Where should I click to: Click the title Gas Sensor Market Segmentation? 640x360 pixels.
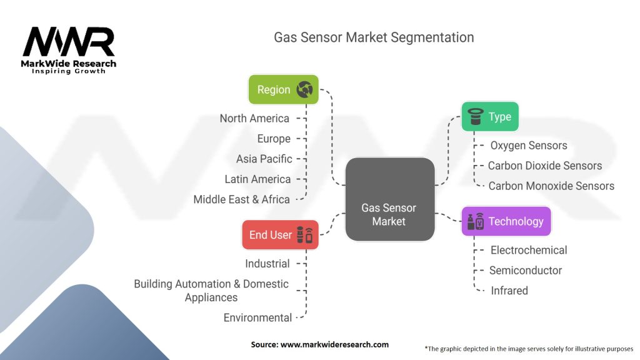point(374,37)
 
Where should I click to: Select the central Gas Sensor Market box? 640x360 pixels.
point(389,199)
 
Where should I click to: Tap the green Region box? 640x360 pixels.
point(283,89)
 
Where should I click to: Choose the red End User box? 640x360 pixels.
point(280,235)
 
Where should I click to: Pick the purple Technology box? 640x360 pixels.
point(506,221)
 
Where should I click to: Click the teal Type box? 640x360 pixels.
point(490,116)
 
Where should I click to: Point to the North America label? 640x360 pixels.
point(254,118)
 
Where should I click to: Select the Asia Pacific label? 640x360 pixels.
point(264,159)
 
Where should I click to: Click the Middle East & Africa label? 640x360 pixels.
point(241,199)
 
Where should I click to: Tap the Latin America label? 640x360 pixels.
point(257,179)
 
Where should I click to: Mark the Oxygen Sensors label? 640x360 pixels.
point(528,146)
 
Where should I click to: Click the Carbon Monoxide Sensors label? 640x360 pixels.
point(551,186)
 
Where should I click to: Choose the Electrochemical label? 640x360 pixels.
point(528,250)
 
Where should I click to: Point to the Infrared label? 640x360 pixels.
point(509,291)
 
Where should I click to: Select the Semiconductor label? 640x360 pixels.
point(525,271)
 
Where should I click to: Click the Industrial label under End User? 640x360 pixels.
point(267,264)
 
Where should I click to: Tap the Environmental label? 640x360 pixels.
point(257,317)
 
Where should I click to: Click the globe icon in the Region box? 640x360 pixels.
point(305,89)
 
